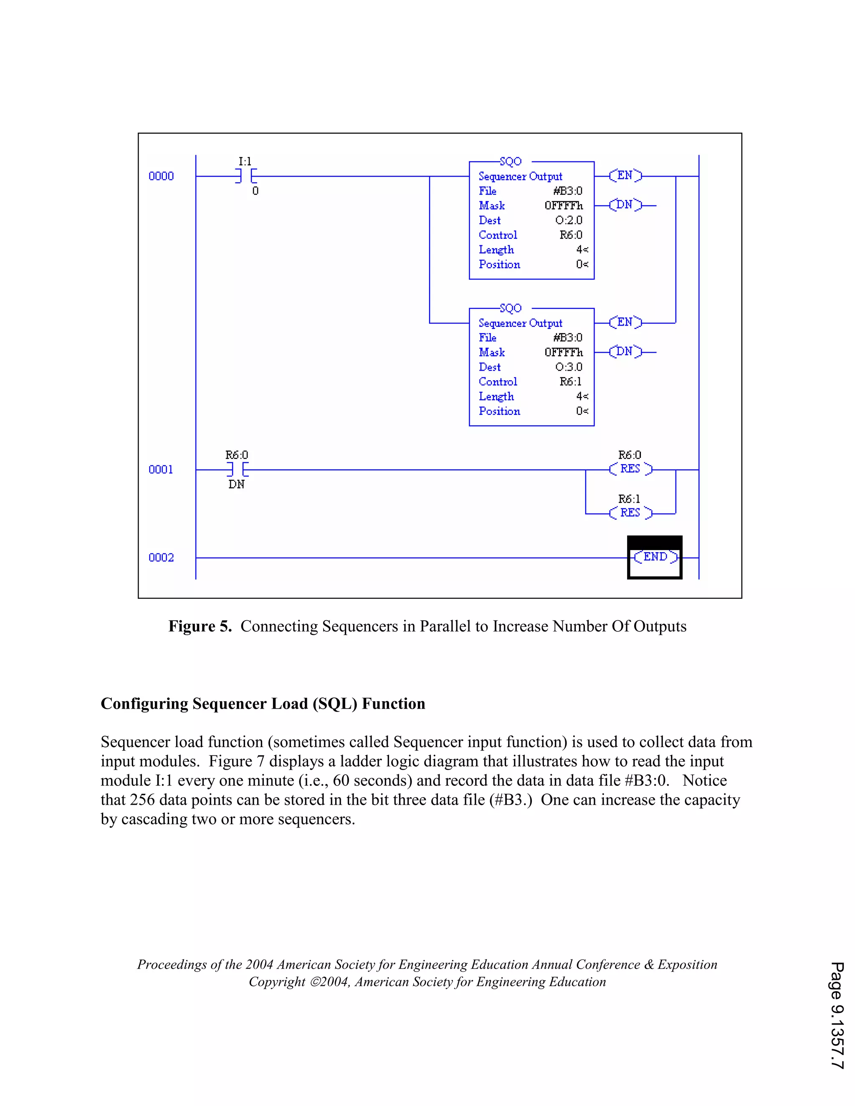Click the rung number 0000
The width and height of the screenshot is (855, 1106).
[161, 176]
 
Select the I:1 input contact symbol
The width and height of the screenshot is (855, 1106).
[245, 176]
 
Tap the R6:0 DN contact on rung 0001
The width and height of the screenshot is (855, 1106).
[237, 470]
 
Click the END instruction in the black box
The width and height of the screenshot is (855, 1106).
[655, 557]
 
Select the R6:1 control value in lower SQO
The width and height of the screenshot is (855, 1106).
[570, 381]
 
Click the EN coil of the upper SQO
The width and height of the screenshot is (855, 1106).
[625, 176]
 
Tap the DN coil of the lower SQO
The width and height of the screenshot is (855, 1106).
[625, 351]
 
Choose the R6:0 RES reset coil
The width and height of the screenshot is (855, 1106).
[630, 469]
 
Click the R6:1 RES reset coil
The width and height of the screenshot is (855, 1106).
[630, 513]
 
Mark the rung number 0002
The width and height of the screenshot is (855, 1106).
[161, 558]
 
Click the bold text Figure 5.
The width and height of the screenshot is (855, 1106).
[200, 626]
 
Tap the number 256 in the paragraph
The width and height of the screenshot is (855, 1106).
[142, 800]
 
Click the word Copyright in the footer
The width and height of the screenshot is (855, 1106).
[276, 982]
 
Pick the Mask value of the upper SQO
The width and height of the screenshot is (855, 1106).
[563, 206]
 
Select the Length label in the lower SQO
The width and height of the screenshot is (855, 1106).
[496, 396]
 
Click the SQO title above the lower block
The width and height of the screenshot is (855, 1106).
[510, 308]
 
